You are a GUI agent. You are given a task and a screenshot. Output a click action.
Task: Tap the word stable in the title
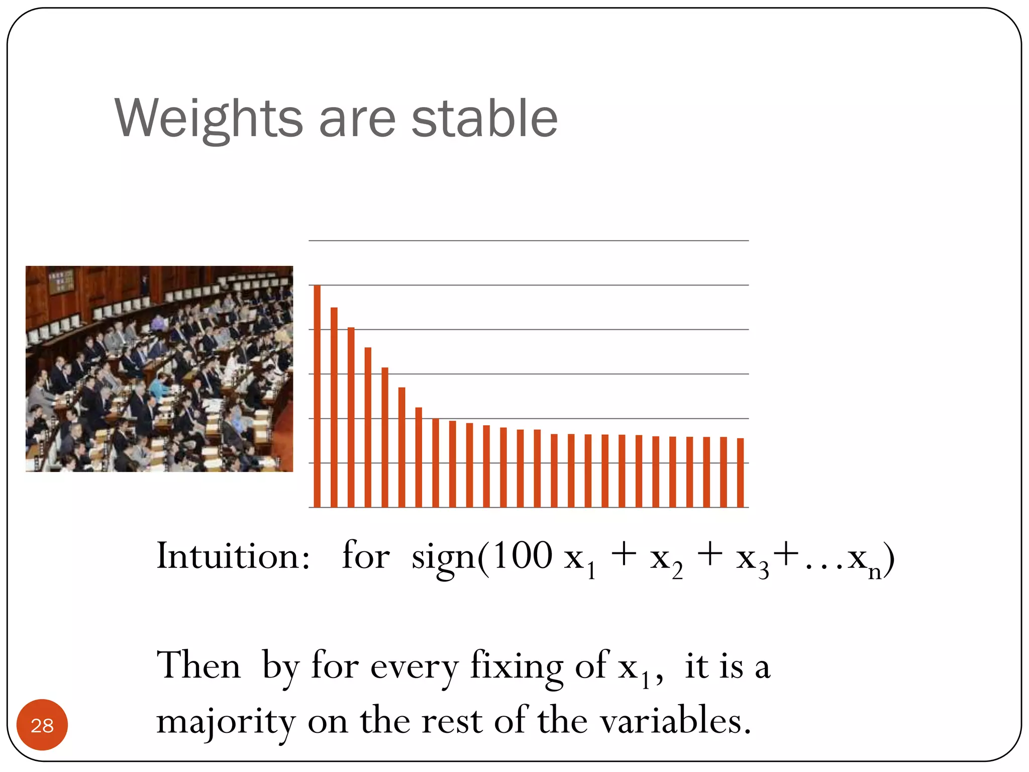[484, 119]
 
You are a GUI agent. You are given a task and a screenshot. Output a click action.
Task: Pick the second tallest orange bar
[334, 407]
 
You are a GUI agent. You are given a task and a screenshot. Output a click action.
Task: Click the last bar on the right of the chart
[740, 472]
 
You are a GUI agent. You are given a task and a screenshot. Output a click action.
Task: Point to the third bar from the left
[351, 417]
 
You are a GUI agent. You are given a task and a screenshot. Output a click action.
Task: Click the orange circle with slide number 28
[42, 725]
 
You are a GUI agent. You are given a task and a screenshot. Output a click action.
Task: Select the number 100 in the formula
[523, 555]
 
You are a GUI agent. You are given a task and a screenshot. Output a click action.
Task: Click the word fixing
[516, 666]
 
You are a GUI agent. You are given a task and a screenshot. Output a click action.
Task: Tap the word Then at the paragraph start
[199, 665]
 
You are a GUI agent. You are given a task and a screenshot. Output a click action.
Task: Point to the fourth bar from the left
[368, 427]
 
